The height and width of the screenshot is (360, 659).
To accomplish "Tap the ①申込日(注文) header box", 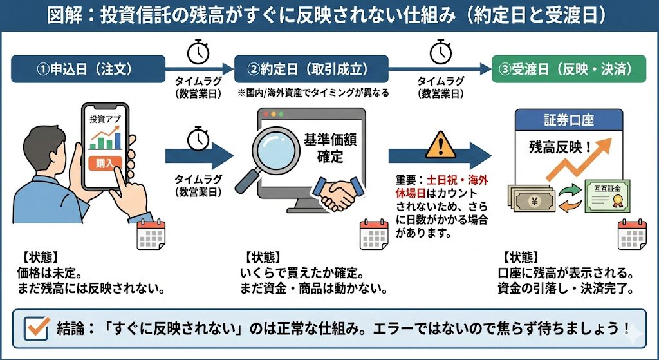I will pos(88,68).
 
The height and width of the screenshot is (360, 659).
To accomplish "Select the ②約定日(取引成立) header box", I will pos(311,68).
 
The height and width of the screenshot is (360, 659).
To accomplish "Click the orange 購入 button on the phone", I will pos(104,163).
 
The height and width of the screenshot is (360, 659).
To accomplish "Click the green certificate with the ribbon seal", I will pos(607,195).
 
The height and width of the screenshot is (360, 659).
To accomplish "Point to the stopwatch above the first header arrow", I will pos(198,52).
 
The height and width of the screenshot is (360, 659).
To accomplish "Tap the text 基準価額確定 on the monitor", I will pos(328,147).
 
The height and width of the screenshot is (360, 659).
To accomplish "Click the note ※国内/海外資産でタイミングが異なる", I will pos(313,93).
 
